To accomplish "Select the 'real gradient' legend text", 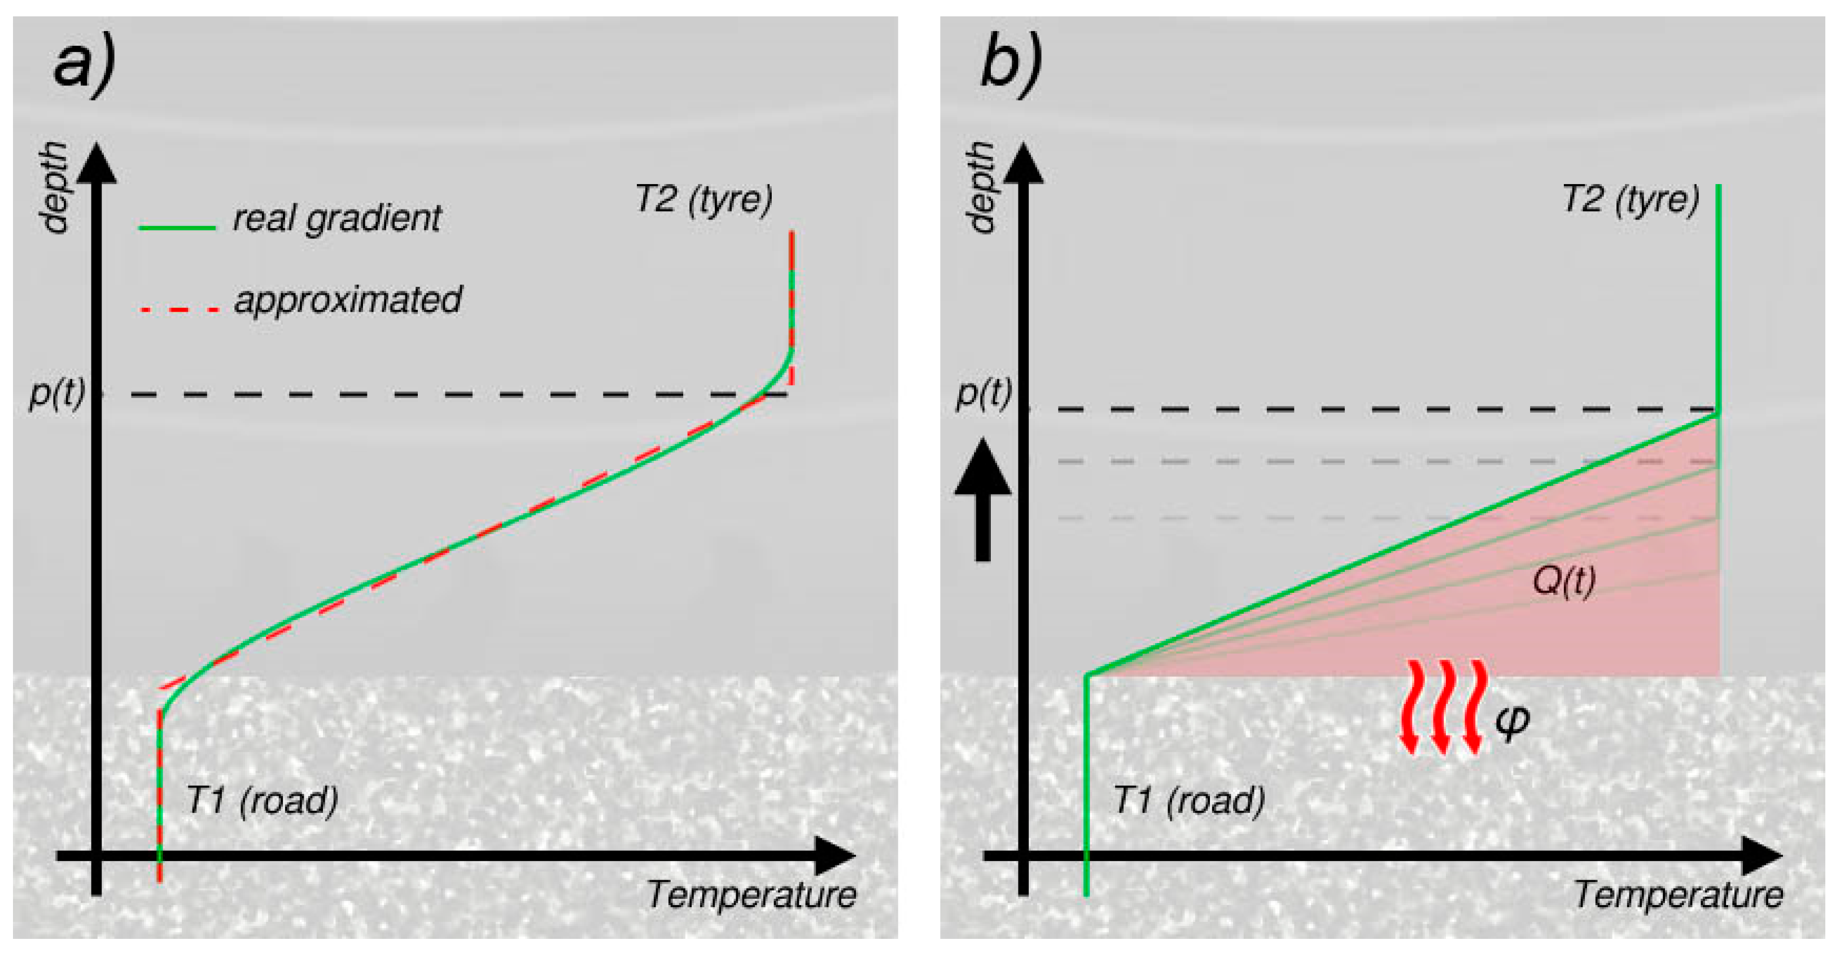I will click(336, 218).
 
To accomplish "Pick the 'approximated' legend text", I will click(348, 300).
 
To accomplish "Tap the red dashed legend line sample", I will click(178, 309).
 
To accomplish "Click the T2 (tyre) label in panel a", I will click(703, 199).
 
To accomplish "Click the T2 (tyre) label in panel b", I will click(1631, 199).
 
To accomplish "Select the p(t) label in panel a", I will click(56, 393).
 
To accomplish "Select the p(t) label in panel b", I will click(984, 393).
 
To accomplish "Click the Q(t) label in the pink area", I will click(1563, 582).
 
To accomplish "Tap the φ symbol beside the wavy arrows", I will click(1512, 720).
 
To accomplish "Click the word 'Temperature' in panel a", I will click(751, 895).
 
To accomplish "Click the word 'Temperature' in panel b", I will click(1679, 895).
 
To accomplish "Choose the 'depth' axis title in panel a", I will click(54, 187).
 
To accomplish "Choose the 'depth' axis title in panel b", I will click(981, 187).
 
